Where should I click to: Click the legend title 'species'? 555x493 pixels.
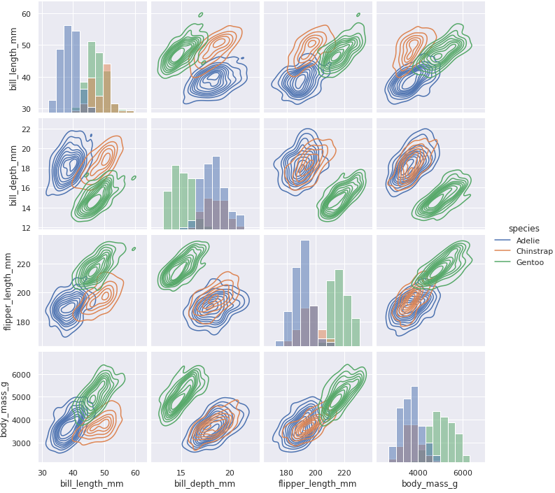pyautogui.click(x=524, y=228)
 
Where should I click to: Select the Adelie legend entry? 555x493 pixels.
pyautogui.click(x=528, y=241)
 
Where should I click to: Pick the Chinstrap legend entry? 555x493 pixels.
pyautogui.click(x=533, y=252)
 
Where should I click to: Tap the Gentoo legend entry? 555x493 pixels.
pyautogui.click(x=530, y=263)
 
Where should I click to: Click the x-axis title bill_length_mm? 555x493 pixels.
pyautogui.click(x=90, y=484)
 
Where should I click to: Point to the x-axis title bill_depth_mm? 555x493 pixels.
pyautogui.click(x=204, y=484)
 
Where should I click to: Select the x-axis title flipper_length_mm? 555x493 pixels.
pyautogui.click(x=317, y=484)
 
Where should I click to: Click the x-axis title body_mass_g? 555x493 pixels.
pyautogui.click(x=430, y=484)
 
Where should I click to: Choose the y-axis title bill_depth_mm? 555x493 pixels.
pyautogui.click(x=13, y=173)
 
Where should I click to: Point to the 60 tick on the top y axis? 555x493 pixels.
pyautogui.click(x=25, y=14)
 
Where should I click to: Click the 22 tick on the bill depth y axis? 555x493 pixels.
pyautogui.click(x=25, y=129)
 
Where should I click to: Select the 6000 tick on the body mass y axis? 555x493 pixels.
pyautogui.click(x=21, y=375)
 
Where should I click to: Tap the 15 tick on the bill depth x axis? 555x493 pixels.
pyautogui.click(x=181, y=473)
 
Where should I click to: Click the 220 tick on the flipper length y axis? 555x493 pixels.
pyautogui.click(x=22, y=264)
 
